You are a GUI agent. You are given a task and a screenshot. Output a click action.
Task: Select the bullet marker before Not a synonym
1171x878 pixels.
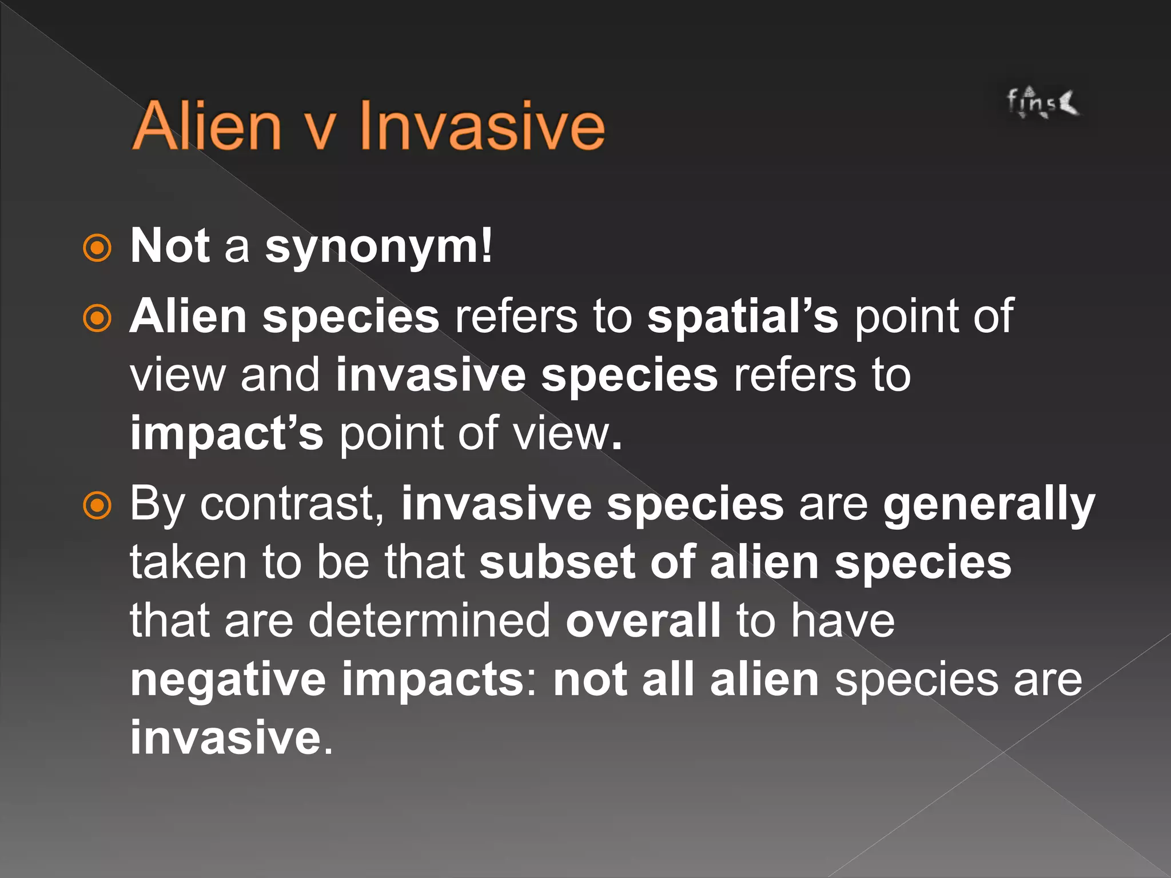[97, 248]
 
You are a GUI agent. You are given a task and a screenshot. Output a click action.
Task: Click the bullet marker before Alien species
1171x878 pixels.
[97, 318]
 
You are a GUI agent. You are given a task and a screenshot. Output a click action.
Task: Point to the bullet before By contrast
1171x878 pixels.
[97, 505]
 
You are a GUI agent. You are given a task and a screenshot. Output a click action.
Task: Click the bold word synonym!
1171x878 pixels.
[378, 248]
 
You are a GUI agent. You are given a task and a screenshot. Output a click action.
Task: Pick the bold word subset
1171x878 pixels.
[556, 562]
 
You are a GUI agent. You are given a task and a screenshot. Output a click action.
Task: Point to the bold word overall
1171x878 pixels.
[643, 621]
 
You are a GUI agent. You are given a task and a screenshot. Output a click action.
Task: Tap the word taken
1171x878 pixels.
[188, 562]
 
